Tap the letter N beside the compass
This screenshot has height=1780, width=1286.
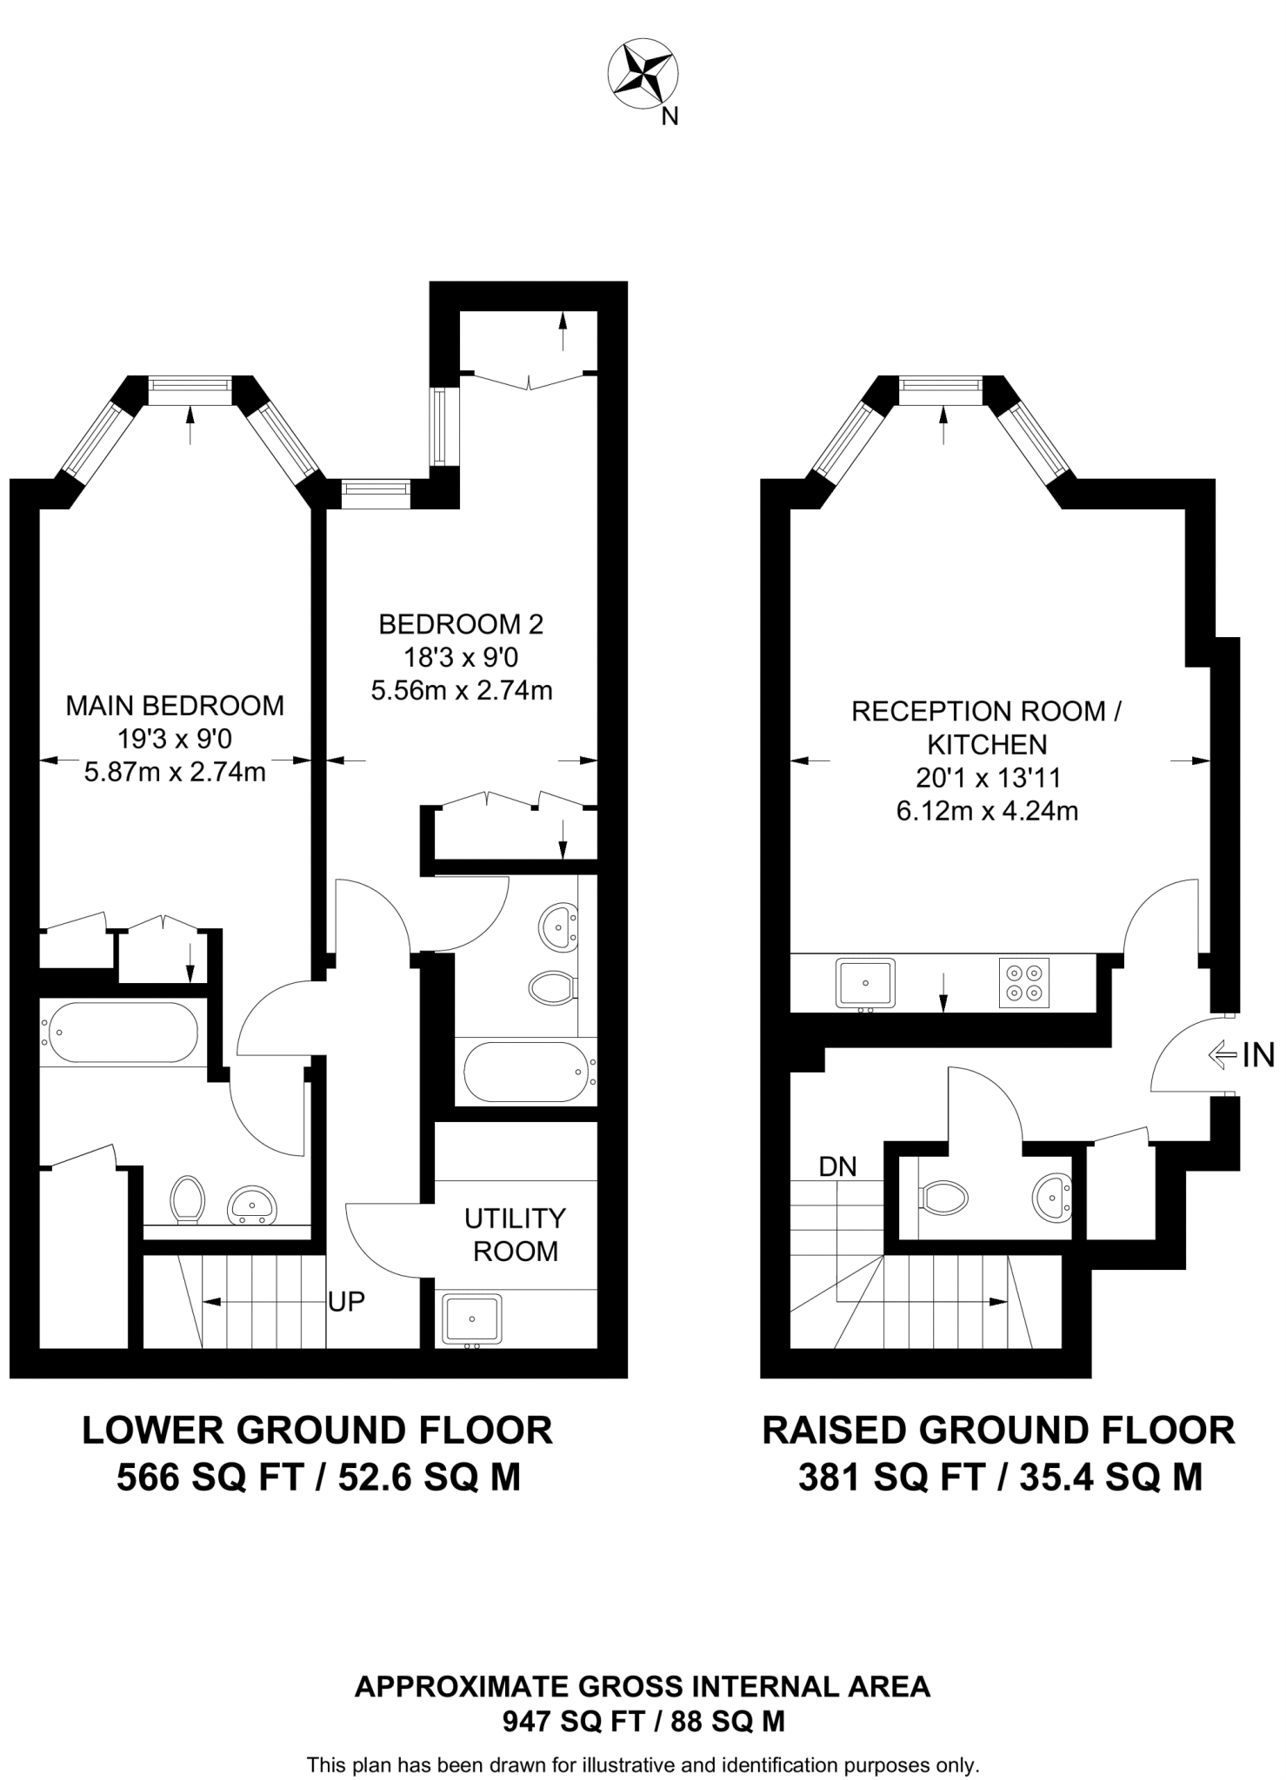click(670, 116)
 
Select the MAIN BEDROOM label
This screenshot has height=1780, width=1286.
click(175, 706)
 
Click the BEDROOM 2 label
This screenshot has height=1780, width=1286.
click(461, 624)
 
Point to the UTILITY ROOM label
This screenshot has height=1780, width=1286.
click(515, 1234)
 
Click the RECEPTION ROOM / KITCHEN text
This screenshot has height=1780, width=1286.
click(986, 727)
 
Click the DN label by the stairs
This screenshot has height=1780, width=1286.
click(837, 1166)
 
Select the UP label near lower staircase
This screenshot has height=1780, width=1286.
click(346, 1301)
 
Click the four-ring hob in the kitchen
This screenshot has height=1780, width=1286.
click(1024, 983)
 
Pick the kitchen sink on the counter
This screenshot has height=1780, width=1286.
click(865, 983)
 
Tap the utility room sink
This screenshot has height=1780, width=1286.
click(472, 1318)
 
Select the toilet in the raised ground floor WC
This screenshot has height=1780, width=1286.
click(943, 1199)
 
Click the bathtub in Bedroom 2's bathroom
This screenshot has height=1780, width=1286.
click(523, 1072)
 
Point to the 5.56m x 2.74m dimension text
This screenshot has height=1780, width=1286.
click(461, 691)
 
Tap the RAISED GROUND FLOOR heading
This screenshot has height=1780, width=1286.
click(998, 1431)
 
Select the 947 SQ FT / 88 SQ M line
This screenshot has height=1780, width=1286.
click(643, 1721)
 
